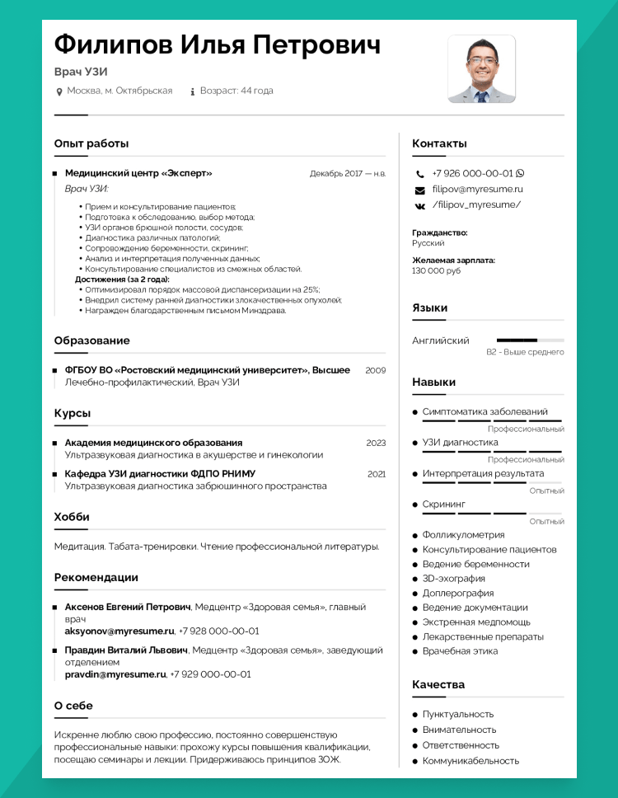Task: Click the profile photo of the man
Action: [481, 69]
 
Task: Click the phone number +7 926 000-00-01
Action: [472, 174]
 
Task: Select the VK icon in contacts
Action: [419, 205]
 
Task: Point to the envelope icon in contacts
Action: [419, 190]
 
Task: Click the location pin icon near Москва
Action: [59, 91]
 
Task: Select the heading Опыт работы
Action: [91, 143]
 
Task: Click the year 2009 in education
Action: [375, 370]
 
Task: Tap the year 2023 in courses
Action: [376, 443]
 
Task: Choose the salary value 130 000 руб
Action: [436, 270]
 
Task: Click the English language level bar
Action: [530, 340]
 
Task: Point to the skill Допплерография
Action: [458, 593]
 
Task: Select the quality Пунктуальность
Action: [458, 714]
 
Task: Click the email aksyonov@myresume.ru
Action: [119, 631]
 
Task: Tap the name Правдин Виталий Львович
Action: [126, 650]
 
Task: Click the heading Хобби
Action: [72, 517]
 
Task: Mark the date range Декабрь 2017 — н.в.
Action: [348, 174]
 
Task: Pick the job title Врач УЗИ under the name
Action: [81, 72]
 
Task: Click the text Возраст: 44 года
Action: [236, 91]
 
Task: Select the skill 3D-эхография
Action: [455, 579]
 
